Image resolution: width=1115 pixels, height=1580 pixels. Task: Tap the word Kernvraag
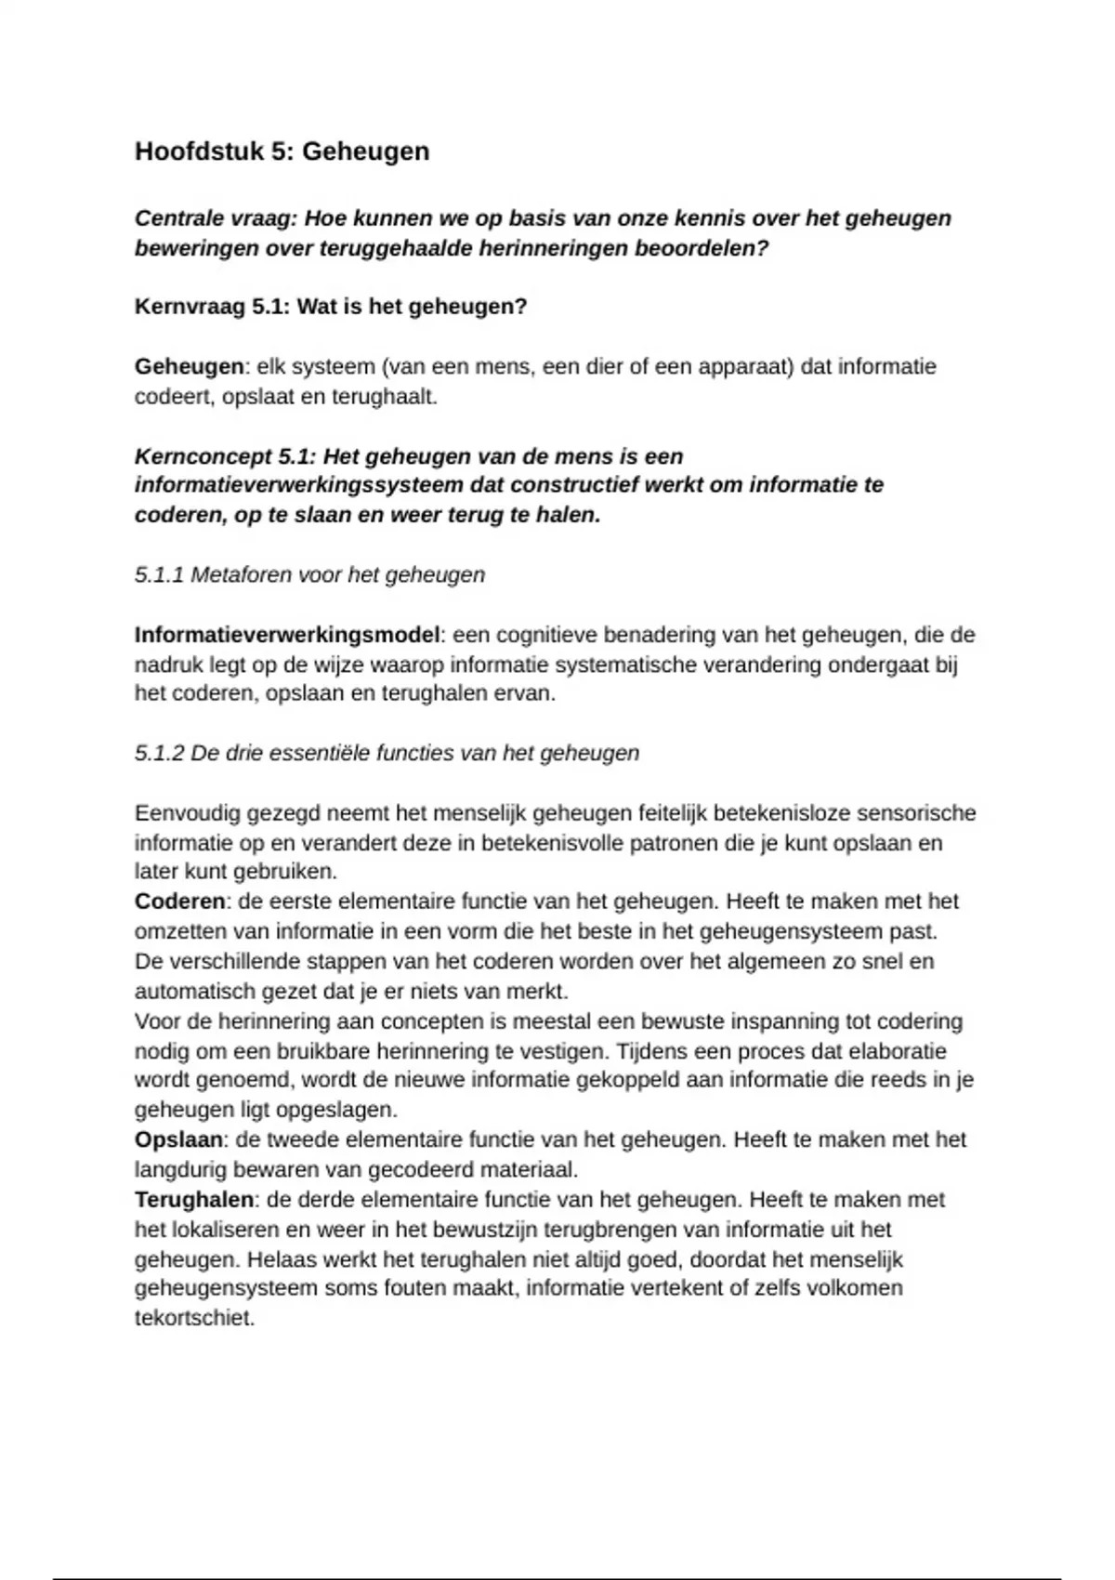pyautogui.click(x=190, y=307)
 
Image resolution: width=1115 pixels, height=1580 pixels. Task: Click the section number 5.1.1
pyautogui.click(x=159, y=575)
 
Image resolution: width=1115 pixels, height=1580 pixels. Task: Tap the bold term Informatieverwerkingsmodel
pyautogui.click(x=286, y=636)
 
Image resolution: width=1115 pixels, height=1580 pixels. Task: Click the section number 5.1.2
pyautogui.click(x=159, y=753)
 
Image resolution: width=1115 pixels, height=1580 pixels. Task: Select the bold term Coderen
pyautogui.click(x=179, y=902)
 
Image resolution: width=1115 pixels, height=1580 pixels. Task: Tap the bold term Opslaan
pyautogui.click(x=178, y=1139)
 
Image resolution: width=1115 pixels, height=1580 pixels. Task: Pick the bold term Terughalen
pyautogui.click(x=193, y=1200)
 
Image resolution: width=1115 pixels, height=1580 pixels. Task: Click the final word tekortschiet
pyautogui.click(x=193, y=1318)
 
